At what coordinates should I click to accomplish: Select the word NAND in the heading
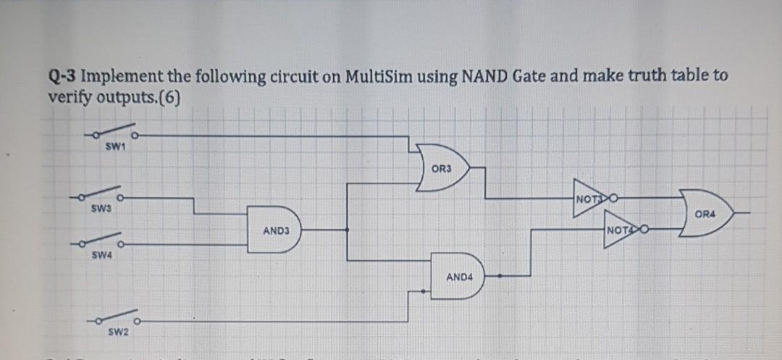[468, 78]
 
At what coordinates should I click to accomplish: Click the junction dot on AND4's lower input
[424, 291]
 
